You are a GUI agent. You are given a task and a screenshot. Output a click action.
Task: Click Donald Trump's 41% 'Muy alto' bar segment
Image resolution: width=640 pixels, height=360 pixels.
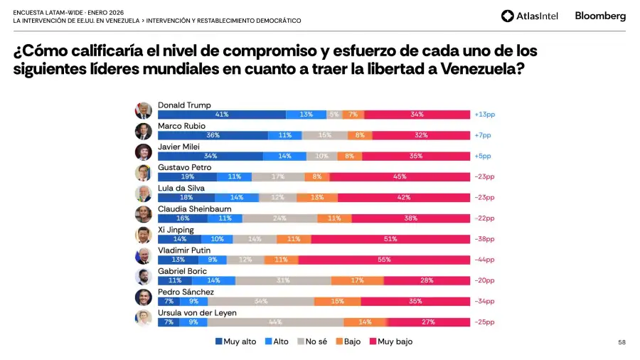click(x=221, y=115)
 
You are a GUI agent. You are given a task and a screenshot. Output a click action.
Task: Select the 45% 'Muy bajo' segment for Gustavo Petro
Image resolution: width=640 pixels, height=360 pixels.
click(x=400, y=177)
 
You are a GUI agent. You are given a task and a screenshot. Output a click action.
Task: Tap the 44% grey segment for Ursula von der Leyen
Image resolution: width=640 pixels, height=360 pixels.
click(x=275, y=322)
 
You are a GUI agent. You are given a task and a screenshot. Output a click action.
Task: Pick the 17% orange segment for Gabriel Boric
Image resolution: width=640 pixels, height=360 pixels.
click(x=357, y=281)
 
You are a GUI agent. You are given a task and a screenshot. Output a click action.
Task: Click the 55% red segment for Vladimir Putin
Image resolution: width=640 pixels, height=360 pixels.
click(x=384, y=260)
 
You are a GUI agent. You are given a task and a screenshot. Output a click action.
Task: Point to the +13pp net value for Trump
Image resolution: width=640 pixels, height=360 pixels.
click(x=483, y=115)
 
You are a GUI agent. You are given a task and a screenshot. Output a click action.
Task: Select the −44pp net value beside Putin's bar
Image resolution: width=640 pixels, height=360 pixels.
click(x=484, y=260)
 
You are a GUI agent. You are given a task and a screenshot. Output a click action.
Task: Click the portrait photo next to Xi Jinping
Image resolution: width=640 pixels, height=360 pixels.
click(x=144, y=235)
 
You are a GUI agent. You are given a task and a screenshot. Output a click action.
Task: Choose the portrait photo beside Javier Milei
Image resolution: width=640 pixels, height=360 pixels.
click(x=144, y=152)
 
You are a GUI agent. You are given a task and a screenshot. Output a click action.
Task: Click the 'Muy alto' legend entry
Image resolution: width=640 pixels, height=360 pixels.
click(x=235, y=342)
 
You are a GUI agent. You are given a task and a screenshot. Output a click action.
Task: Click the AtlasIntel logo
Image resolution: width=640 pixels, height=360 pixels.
click(x=530, y=16)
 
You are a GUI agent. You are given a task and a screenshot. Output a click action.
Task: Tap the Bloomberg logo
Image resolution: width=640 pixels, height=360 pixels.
click(x=600, y=16)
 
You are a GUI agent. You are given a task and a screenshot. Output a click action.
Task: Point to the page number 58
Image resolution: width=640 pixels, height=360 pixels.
click(x=622, y=342)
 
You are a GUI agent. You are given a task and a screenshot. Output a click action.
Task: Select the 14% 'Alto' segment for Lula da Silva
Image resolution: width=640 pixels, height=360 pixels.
click(x=237, y=198)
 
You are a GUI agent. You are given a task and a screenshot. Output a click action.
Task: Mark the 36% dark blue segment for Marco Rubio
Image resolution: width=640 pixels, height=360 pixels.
click(x=213, y=135)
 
